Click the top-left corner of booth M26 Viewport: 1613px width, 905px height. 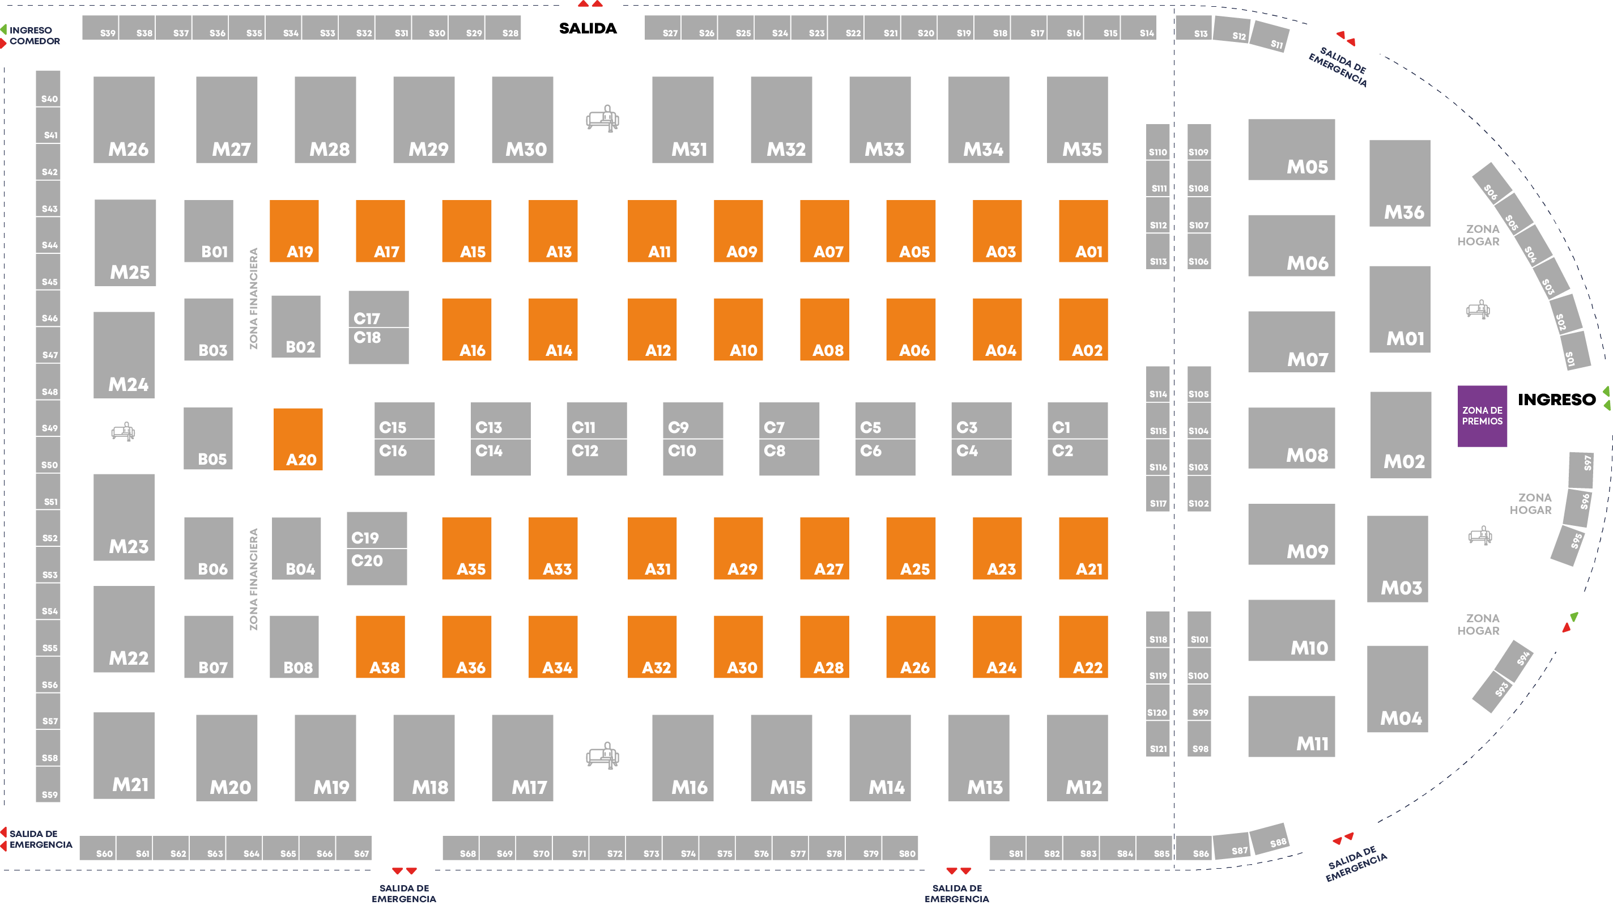(94, 77)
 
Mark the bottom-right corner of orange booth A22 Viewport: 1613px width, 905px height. (1108, 678)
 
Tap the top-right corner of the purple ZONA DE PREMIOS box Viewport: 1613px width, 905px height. (1506, 386)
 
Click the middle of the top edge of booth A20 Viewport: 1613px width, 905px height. (298, 409)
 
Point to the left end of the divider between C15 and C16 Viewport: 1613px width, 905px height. (375, 439)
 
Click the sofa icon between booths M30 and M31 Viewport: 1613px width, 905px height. (602, 118)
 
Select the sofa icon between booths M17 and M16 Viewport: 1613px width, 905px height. (602, 756)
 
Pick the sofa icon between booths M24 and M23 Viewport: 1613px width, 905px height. (124, 431)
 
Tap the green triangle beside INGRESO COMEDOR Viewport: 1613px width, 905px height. (4, 29)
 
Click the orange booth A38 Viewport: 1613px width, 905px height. (380, 647)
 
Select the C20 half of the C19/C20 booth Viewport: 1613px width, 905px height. (377, 567)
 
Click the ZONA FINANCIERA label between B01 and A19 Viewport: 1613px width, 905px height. (254, 298)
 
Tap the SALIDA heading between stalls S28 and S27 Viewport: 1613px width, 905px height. (588, 28)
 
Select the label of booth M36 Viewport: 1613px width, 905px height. (1404, 213)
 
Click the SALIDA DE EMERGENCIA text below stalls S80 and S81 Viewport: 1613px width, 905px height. (957, 893)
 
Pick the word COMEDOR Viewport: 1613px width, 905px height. (35, 41)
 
